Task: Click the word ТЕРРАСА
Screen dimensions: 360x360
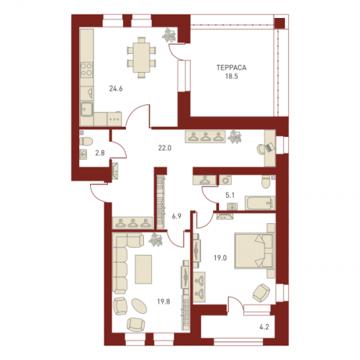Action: (x=231, y=68)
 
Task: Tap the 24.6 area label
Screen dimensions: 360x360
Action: (x=116, y=89)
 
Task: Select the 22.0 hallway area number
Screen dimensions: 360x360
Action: (x=165, y=148)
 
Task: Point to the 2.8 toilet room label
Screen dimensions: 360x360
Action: (x=100, y=153)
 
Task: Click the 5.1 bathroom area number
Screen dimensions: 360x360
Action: (x=230, y=195)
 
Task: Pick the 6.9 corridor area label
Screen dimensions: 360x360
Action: (x=176, y=216)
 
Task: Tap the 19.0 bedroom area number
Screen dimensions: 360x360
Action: (x=220, y=258)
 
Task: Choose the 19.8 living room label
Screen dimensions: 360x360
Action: (x=163, y=302)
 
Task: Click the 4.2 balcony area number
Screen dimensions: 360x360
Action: (x=264, y=327)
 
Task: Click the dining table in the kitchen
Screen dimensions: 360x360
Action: (x=141, y=58)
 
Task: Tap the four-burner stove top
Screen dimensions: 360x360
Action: (x=86, y=70)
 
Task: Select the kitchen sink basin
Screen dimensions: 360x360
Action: (x=86, y=109)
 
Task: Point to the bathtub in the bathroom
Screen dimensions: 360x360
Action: (x=260, y=203)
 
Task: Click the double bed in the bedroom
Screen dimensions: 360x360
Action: (x=254, y=251)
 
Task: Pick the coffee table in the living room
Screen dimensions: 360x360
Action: (x=143, y=269)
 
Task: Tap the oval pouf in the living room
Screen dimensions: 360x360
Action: (x=139, y=306)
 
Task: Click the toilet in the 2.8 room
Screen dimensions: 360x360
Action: (x=86, y=141)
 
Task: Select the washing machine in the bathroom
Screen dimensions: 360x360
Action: (x=225, y=180)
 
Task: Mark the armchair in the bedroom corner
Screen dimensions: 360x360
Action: (x=261, y=293)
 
